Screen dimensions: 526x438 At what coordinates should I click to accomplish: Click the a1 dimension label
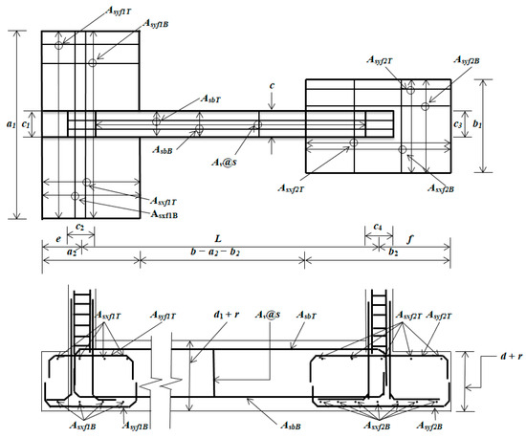click(11, 124)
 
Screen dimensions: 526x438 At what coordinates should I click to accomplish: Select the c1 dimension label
click(25, 124)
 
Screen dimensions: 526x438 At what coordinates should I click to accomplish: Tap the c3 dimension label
click(457, 124)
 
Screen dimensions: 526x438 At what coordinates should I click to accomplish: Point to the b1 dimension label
click(477, 123)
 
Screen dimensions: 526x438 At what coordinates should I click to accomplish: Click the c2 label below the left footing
click(79, 227)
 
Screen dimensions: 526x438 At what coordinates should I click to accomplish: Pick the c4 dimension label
click(378, 227)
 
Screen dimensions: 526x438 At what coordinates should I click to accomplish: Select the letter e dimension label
click(58, 239)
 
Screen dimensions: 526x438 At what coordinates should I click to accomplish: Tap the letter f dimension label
click(410, 239)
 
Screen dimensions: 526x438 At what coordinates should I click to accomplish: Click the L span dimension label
click(218, 238)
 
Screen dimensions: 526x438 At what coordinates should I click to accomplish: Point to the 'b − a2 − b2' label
click(215, 252)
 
